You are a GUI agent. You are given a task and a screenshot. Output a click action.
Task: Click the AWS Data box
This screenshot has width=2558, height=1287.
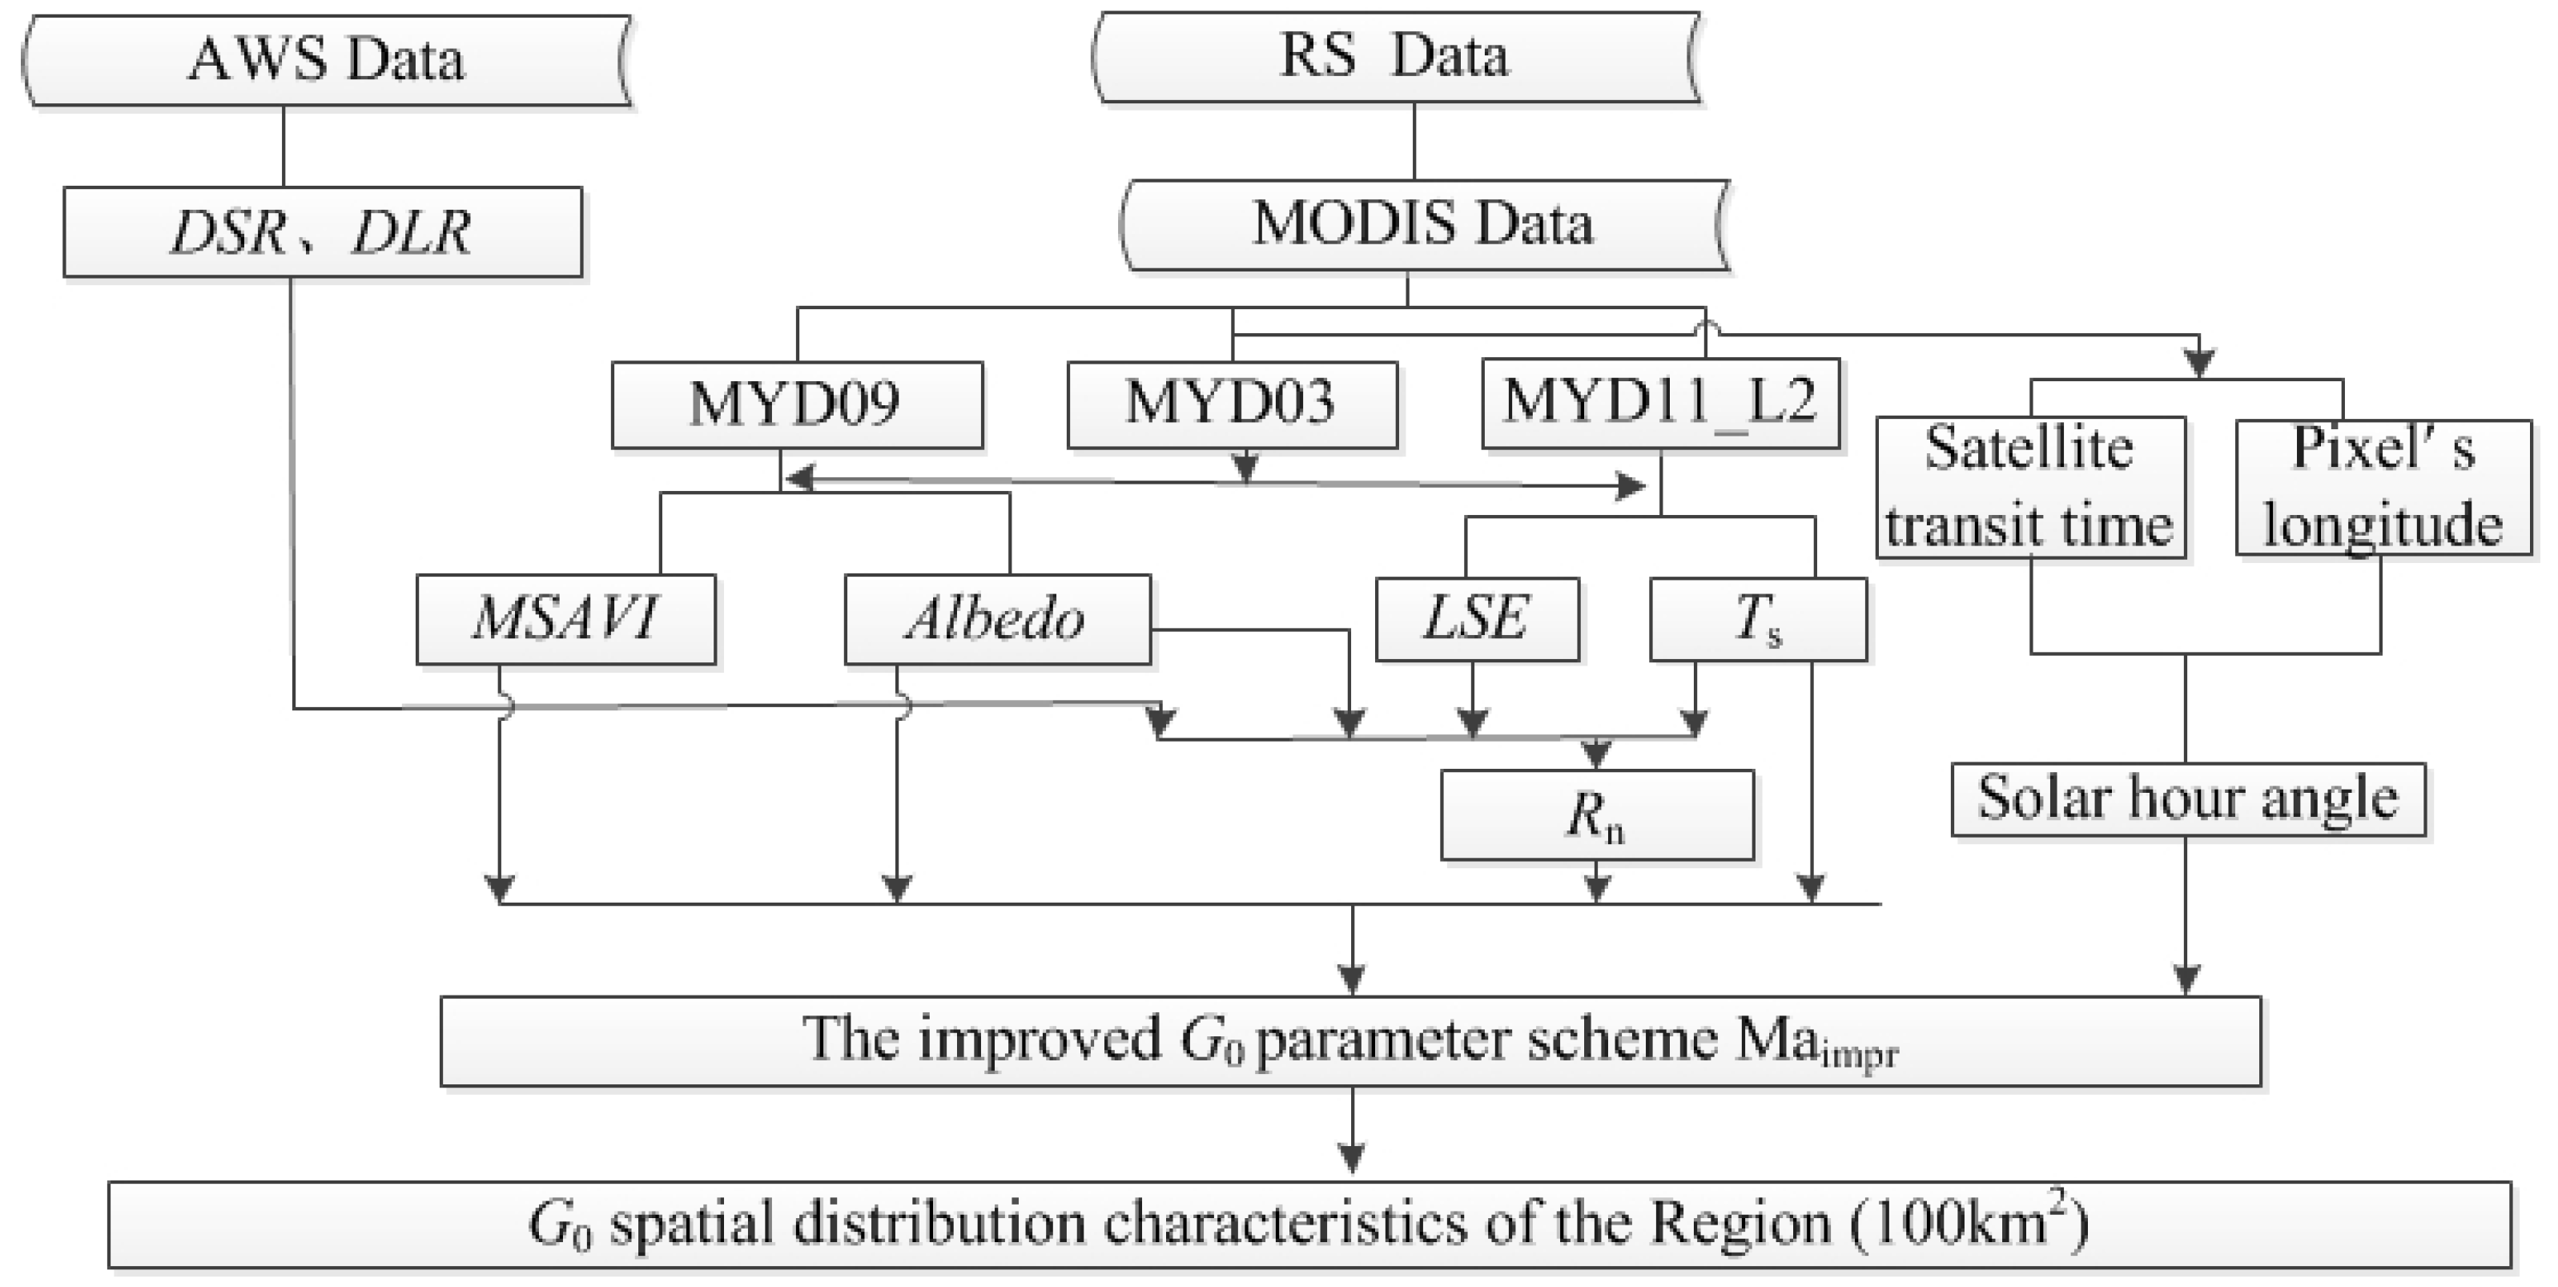pyautogui.click(x=326, y=59)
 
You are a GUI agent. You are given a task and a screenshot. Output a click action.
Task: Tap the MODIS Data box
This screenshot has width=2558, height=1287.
pyautogui.click(x=1422, y=224)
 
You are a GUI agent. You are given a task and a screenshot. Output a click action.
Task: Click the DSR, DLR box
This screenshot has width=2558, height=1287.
pyautogui.click(x=322, y=232)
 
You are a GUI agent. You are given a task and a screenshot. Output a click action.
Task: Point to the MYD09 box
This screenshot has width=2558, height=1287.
pyautogui.click(x=796, y=405)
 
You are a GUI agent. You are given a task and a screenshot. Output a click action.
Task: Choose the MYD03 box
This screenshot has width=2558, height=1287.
pyautogui.click(x=1231, y=405)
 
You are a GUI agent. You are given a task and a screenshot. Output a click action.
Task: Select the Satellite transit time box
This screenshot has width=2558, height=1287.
pyautogui.click(x=2029, y=488)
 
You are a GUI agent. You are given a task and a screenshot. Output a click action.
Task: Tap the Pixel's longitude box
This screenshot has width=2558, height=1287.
pyautogui.click(x=2383, y=488)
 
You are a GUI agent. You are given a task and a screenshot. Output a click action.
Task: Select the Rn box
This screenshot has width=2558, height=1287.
pyautogui.click(x=1597, y=815)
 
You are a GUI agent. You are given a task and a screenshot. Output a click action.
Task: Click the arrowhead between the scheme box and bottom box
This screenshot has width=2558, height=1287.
pyautogui.click(x=1352, y=1158)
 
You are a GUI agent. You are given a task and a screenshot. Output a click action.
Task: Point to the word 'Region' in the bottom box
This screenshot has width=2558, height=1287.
pyautogui.click(x=1740, y=1225)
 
